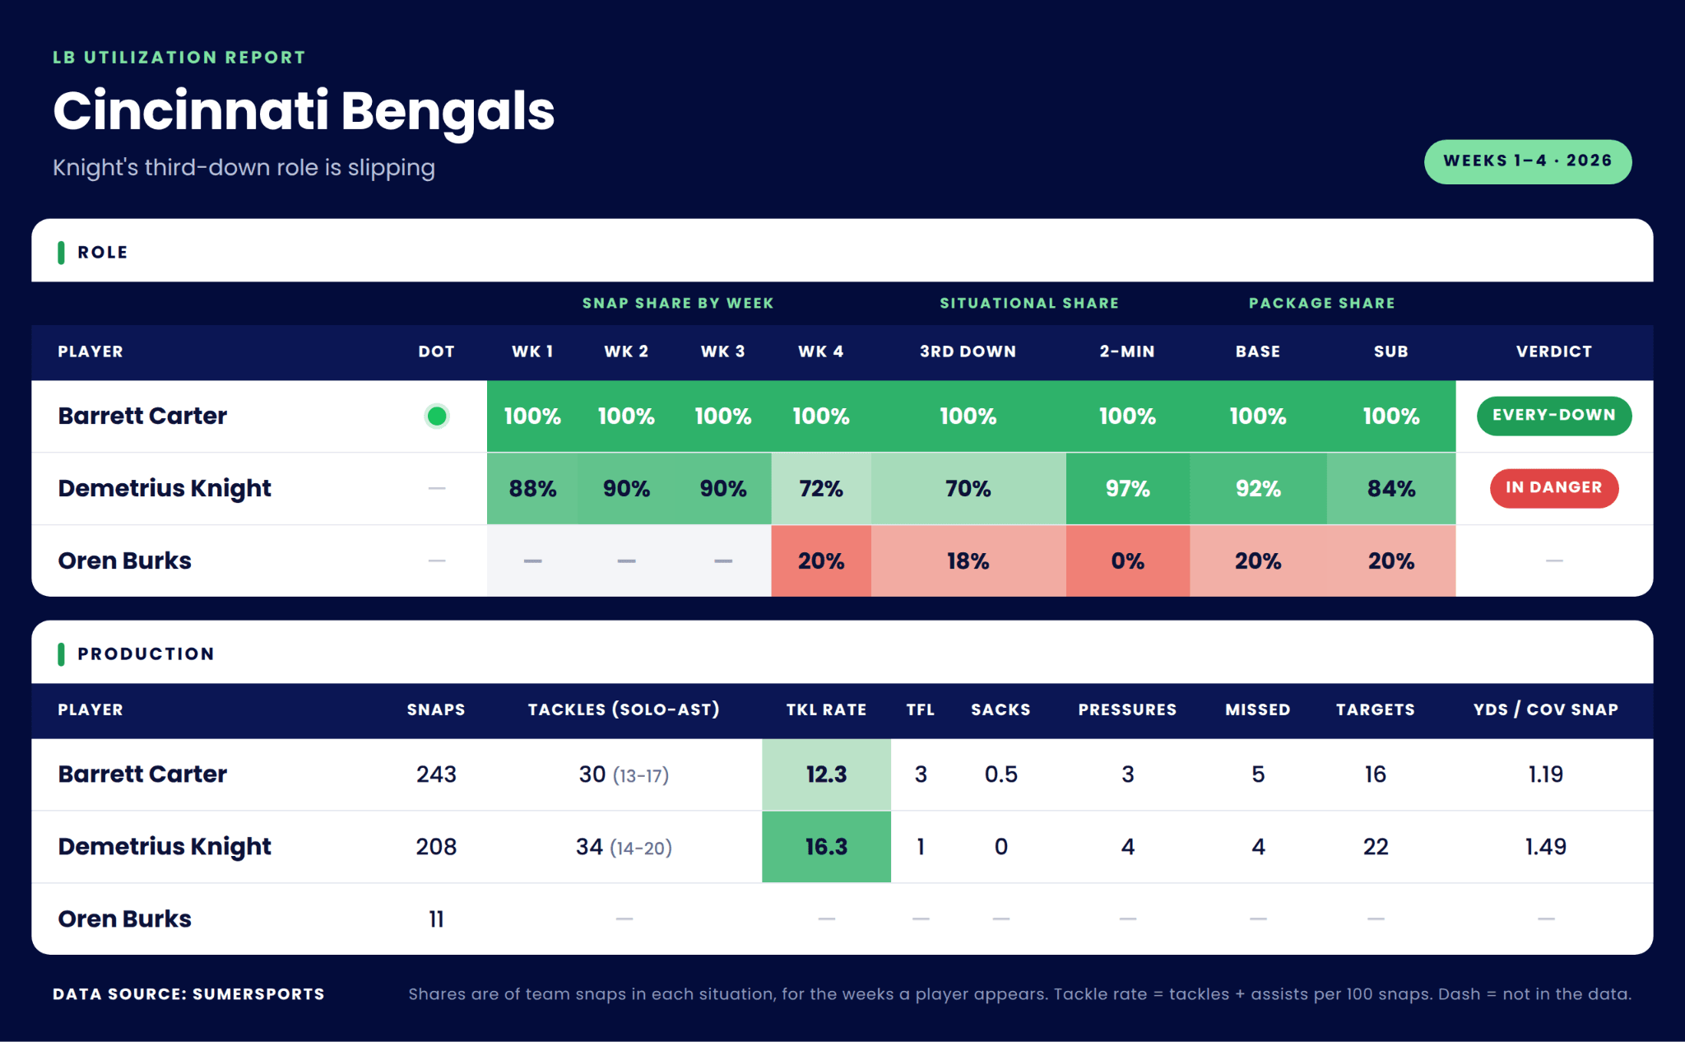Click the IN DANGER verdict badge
click(1553, 488)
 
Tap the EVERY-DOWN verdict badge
click(1553, 416)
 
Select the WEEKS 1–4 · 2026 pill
click(1528, 161)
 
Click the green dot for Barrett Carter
click(437, 416)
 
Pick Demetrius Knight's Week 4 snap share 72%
click(821, 489)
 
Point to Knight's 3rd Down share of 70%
click(968, 489)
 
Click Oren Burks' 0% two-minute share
click(1127, 561)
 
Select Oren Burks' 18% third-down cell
click(968, 561)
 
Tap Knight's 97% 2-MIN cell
click(1127, 489)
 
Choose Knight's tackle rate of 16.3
click(826, 847)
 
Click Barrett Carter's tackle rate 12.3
click(826, 775)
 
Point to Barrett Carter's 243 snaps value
click(436, 775)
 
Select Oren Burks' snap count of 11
click(436, 919)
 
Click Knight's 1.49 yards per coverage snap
click(1545, 847)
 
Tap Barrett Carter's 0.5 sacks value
click(1000, 775)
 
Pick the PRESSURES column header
click(1127, 709)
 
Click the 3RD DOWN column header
click(968, 351)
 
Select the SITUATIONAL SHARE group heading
click(1029, 303)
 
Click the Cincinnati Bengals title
click(304, 111)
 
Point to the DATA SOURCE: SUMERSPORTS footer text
click(188, 994)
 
